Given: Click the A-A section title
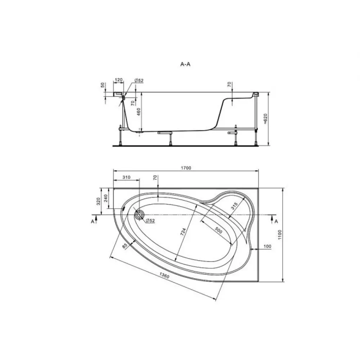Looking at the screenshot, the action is [185, 64].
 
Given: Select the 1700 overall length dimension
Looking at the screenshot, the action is [186, 168].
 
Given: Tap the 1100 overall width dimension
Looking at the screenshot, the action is [280, 235].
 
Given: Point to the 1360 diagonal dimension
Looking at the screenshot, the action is [165, 275].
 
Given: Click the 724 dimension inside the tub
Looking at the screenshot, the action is [183, 232].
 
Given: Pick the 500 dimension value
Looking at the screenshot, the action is [219, 230].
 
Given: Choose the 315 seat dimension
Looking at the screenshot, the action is [234, 206].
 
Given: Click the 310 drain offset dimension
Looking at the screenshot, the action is [126, 177].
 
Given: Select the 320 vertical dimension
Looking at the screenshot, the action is [98, 201].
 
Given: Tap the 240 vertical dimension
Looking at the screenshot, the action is [105, 198].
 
